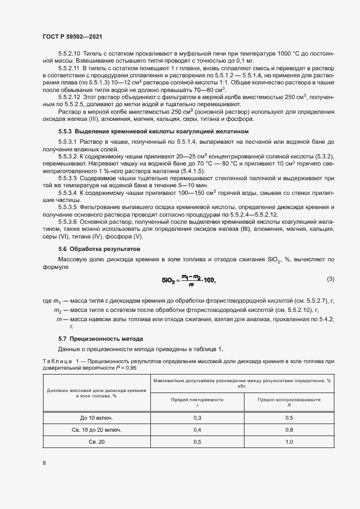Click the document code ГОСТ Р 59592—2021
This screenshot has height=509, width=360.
[x=72, y=36]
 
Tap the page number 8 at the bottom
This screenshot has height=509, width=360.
[x=44, y=463]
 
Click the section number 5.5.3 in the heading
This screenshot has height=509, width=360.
[x=66, y=132]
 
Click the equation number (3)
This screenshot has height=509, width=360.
[x=330, y=279]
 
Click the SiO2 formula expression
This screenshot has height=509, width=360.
[x=189, y=280]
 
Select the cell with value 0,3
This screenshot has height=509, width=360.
[x=197, y=418]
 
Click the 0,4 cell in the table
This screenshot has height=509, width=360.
[x=197, y=430]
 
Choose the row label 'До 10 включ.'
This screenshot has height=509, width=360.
[x=96, y=418]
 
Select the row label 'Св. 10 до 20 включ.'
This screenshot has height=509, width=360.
[x=96, y=430]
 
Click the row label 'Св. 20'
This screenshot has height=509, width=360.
[x=96, y=441]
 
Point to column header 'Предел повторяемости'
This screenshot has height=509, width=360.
[x=197, y=399]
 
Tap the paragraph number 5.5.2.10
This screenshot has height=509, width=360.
[x=69, y=55]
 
